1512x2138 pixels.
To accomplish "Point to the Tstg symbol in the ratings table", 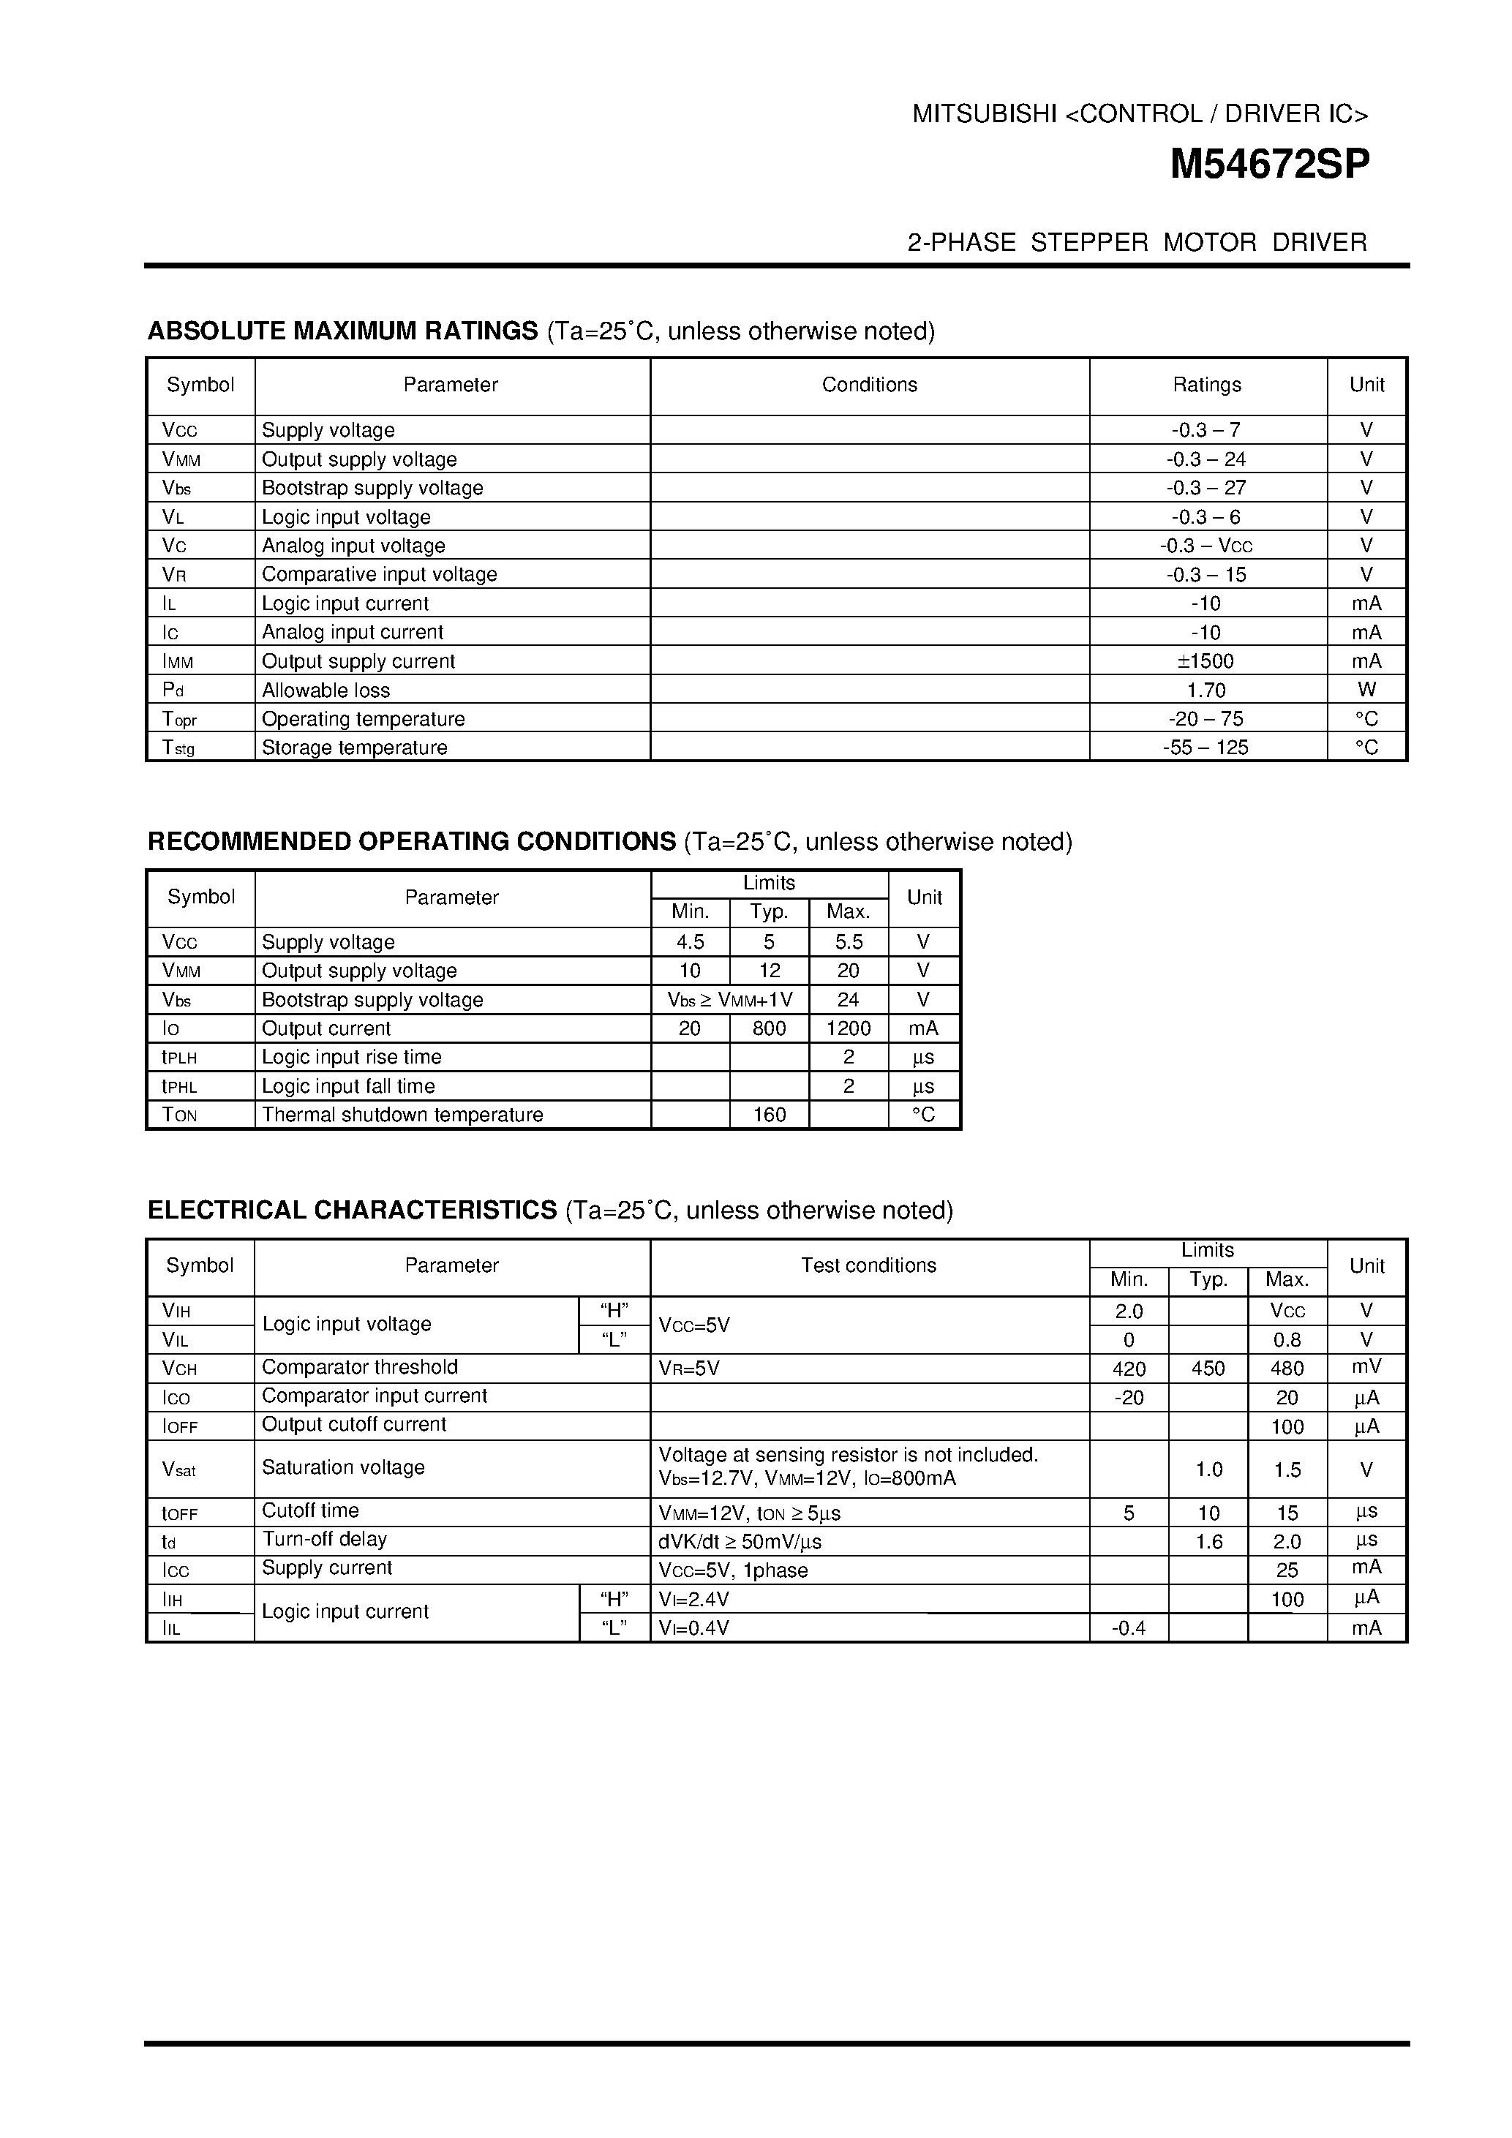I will tap(178, 748).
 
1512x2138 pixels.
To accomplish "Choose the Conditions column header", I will tap(869, 385).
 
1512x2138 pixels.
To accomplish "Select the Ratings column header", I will tap(1207, 385).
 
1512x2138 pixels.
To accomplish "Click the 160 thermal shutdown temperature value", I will tap(769, 1115).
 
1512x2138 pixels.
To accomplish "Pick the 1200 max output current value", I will tap(849, 1028).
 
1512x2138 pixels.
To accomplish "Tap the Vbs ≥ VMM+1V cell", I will tap(730, 1000).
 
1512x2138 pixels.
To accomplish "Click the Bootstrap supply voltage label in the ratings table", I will tap(372, 488).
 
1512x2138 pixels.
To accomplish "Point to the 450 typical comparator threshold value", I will tap(1208, 1369).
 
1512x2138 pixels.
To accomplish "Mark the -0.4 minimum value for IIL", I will tap(1129, 1627).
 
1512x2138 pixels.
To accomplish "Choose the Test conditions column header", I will tap(869, 1265).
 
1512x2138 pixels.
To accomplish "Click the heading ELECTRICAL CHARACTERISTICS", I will tap(352, 1211).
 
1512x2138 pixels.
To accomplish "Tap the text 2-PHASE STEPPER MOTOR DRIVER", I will tap(1137, 242).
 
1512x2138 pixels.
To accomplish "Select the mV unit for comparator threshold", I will tap(1366, 1367).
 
